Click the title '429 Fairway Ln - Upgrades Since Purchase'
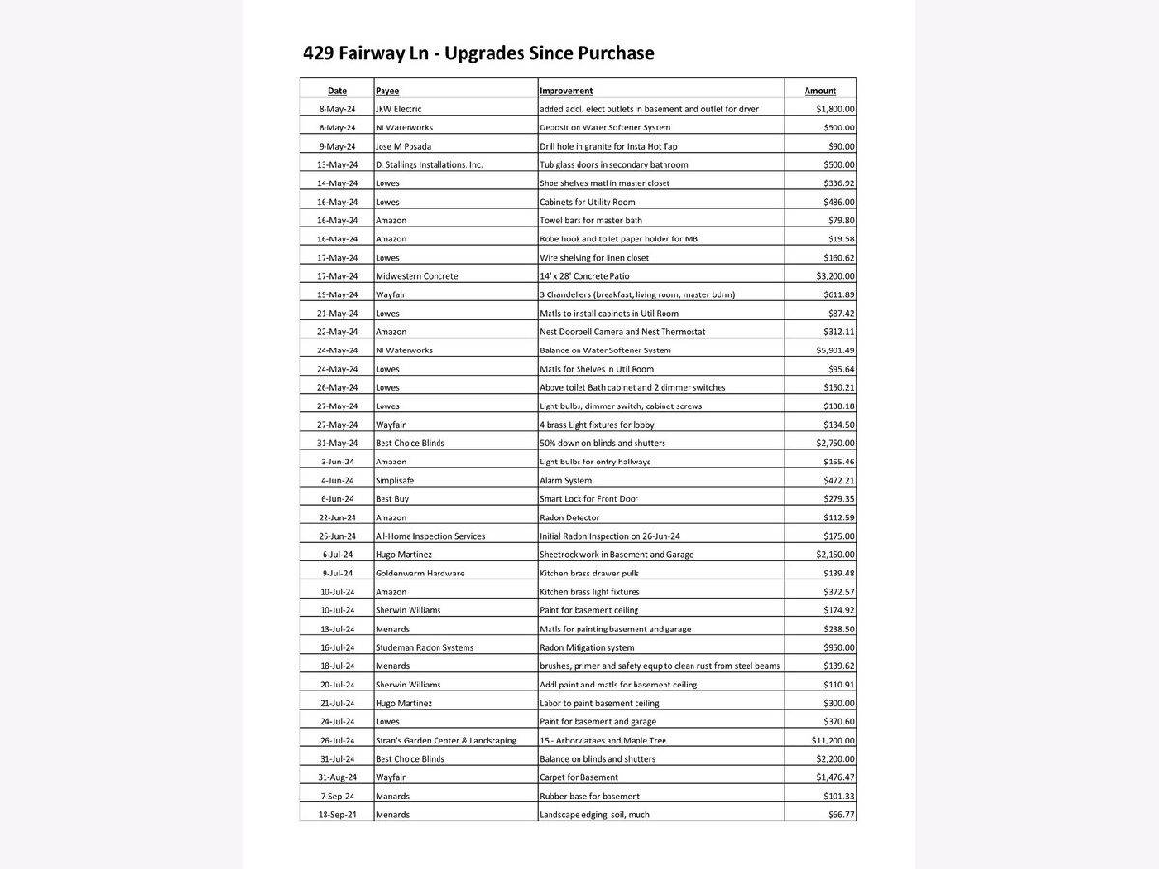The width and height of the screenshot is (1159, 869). tap(478, 53)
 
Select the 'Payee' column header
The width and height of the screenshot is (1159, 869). tap(387, 91)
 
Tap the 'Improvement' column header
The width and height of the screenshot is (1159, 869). tap(566, 91)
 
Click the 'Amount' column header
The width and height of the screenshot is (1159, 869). tap(821, 91)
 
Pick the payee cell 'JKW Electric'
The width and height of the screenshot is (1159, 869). tap(398, 109)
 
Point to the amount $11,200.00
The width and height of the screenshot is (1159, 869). tap(834, 741)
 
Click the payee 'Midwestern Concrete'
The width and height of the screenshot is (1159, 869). tap(416, 276)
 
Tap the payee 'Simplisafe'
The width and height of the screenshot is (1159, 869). tap(395, 480)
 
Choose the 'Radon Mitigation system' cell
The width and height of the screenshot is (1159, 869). tap(586, 648)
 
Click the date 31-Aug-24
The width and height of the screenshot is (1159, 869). tap(338, 777)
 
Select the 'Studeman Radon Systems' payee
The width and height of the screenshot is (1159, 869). tap(424, 648)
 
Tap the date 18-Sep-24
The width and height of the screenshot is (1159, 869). tap(338, 815)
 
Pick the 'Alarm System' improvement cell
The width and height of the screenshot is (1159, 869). tap(565, 480)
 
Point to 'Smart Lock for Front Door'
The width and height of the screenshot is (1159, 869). tap(588, 499)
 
